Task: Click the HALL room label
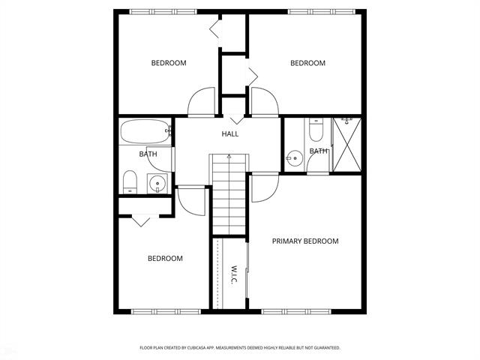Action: tap(229, 134)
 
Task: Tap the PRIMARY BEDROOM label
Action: tap(305, 241)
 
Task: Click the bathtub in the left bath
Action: tap(145, 132)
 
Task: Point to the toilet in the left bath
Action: tap(130, 181)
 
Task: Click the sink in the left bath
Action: tap(157, 182)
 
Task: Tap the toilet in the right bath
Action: tap(316, 132)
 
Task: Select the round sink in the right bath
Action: tap(293, 158)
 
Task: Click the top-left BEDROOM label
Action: tap(169, 63)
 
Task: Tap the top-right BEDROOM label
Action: tap(308, 63)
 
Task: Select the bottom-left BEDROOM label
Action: tap(165, 259)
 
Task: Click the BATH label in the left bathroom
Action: tap(147, 154)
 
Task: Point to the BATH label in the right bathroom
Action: tap(319, 151)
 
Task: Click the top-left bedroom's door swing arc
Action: tap(202, 102)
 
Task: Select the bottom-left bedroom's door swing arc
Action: tap(191, 199)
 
